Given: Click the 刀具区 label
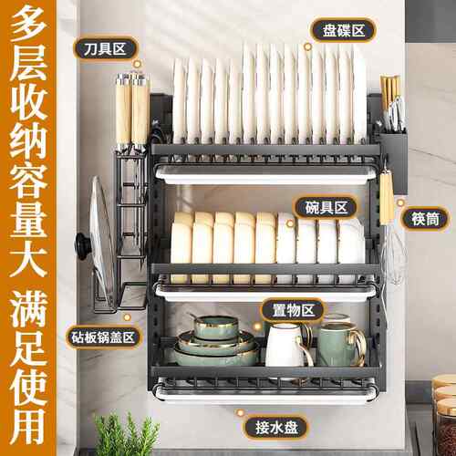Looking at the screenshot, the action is pyautogui.click(x=105, y=49).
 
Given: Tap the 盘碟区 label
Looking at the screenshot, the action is pyautogui.click(x=344, y=30).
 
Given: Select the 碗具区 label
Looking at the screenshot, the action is pyautogui.click(x=326, y=208).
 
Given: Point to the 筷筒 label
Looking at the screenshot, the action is pyautogui.click(x=426, y=219).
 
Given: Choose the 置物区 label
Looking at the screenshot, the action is pyautogui.click(x=293, y=310).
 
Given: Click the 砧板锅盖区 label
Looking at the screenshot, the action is pyautogui.click(x=103, y=337).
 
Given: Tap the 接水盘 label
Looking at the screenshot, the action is pyautogui.click(x=276, y=428).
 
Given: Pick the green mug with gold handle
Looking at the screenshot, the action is pyautogui.click(x=340, y=344).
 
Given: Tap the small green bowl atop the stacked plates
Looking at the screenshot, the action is pyautogui.click(x=216, y=327).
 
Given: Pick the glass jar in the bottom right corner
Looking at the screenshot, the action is pyautogui.click(x=444, y=417).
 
